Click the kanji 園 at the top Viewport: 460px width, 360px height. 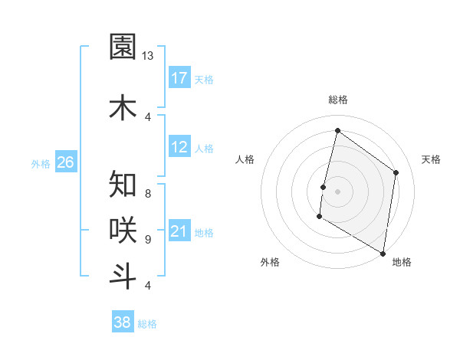(x=123, y=47)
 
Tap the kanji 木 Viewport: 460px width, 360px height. (x=123, y=107)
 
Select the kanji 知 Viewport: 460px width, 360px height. (x=123, y=185)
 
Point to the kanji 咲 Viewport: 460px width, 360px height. (x=123, y=229)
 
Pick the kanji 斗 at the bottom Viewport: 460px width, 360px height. (x=123, y=276)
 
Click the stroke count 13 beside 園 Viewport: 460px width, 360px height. (x=147, y=56)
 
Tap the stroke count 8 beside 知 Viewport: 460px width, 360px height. (x=147, y=193)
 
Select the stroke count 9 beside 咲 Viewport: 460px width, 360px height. (x=147, y=239)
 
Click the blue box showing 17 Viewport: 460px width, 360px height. (x=179, y=78)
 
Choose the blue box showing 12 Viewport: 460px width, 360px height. (x=179, y=147)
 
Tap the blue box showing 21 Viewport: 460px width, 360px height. (x=179, y=231)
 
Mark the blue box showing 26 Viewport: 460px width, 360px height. (x=65, y=162)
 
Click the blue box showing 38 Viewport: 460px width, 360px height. (x=123, y=322)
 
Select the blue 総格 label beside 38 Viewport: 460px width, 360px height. (x=147, y=324)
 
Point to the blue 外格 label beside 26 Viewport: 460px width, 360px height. (x=40, y=163)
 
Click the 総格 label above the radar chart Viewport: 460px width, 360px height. (x=337, y=100)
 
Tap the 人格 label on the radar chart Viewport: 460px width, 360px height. (x=245, y=159)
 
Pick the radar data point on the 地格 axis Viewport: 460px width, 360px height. (x=383, y=253)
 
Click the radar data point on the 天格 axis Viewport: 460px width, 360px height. (x=396, y=172)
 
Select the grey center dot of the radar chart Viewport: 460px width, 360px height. (x=337, y=191)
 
